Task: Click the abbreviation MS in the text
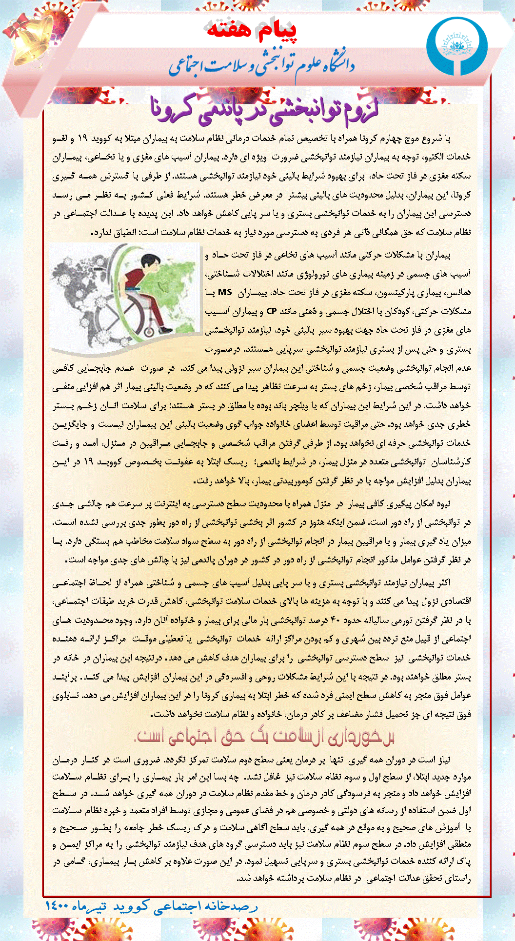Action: point(225,292)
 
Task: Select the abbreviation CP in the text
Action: point(272,311)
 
